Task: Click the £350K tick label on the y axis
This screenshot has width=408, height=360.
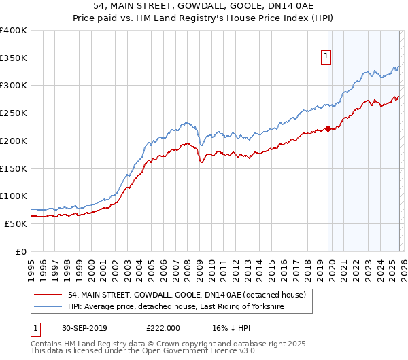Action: pyautogui.click(x=14, y=58)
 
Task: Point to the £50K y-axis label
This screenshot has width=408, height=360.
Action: pyautogui.click(x=16, y=223)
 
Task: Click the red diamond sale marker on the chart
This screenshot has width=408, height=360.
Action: pyautogui.click(x=328, y=128)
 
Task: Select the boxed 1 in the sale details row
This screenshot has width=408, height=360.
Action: pyautogui.click(x=35, y=327)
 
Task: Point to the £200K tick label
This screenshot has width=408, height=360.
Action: pyautogui.click(x=14, y=141)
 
